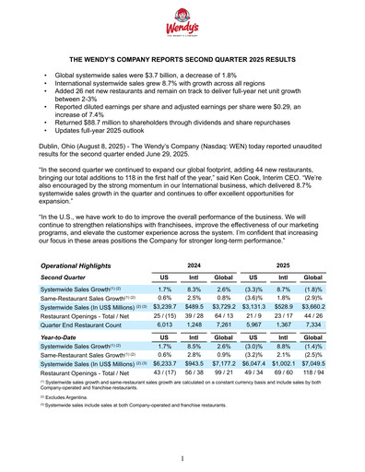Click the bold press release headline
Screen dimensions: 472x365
tap(182, 57)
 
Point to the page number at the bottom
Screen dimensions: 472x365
tap(182, 458)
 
